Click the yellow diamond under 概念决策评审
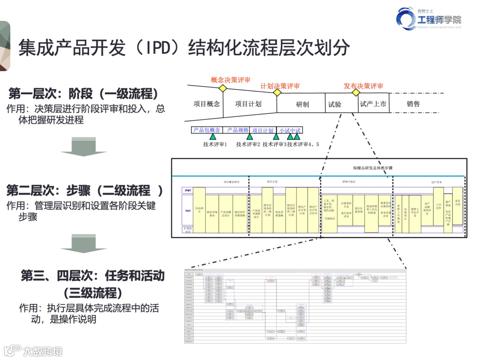(x=222, y=88)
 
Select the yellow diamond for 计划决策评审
(x=277, y=92)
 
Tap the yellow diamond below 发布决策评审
(x=356, y=92)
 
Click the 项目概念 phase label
(x=207, y=104)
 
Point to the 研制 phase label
(x=302, y=104)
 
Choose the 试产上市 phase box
(x=373, y=104)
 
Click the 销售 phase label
(x=413, y=104)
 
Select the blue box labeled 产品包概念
(x=207, y=130)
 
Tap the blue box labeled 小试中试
(x=290, y=131)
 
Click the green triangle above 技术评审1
(x=213, y=137)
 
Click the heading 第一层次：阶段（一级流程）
(x=84, y=94)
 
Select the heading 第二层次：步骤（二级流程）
(x=84, y=191)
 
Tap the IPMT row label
(x=188, y=190)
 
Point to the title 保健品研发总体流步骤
(x=372, y=168)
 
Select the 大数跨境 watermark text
(x=43, y=351)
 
